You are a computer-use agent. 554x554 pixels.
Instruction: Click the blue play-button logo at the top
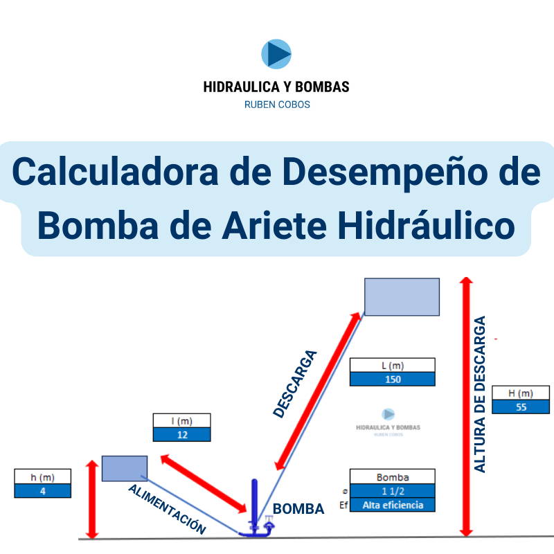(276, 54)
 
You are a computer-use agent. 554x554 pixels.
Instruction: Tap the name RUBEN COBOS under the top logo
(277, 105)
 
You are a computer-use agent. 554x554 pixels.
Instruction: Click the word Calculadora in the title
(115, 172)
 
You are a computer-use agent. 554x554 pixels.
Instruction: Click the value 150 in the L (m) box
(393, 379)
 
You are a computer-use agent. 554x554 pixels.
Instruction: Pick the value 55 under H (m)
(521, 407)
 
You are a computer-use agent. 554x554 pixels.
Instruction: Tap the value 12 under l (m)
(182, 435)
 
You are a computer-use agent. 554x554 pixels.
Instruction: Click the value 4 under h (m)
(43, 491)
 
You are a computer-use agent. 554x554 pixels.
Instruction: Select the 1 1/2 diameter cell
(393, 491)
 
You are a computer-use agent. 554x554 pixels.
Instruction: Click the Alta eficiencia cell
(393, 505)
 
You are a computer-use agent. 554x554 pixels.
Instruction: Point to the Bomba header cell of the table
(393, 477)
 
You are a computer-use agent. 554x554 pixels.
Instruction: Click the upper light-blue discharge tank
(402, 297)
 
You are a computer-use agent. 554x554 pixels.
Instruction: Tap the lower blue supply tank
(125, 469)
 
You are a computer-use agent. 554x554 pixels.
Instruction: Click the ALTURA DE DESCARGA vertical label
(480, 394)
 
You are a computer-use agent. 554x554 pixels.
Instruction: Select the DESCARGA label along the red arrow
(295, 384)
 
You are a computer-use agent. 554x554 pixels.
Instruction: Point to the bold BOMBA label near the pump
(298, 509)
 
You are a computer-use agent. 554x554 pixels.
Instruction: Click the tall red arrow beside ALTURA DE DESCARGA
(466, 406)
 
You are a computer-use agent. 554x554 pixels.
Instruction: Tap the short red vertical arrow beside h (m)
(92, 499)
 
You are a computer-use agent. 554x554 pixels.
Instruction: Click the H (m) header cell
(521, 393)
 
